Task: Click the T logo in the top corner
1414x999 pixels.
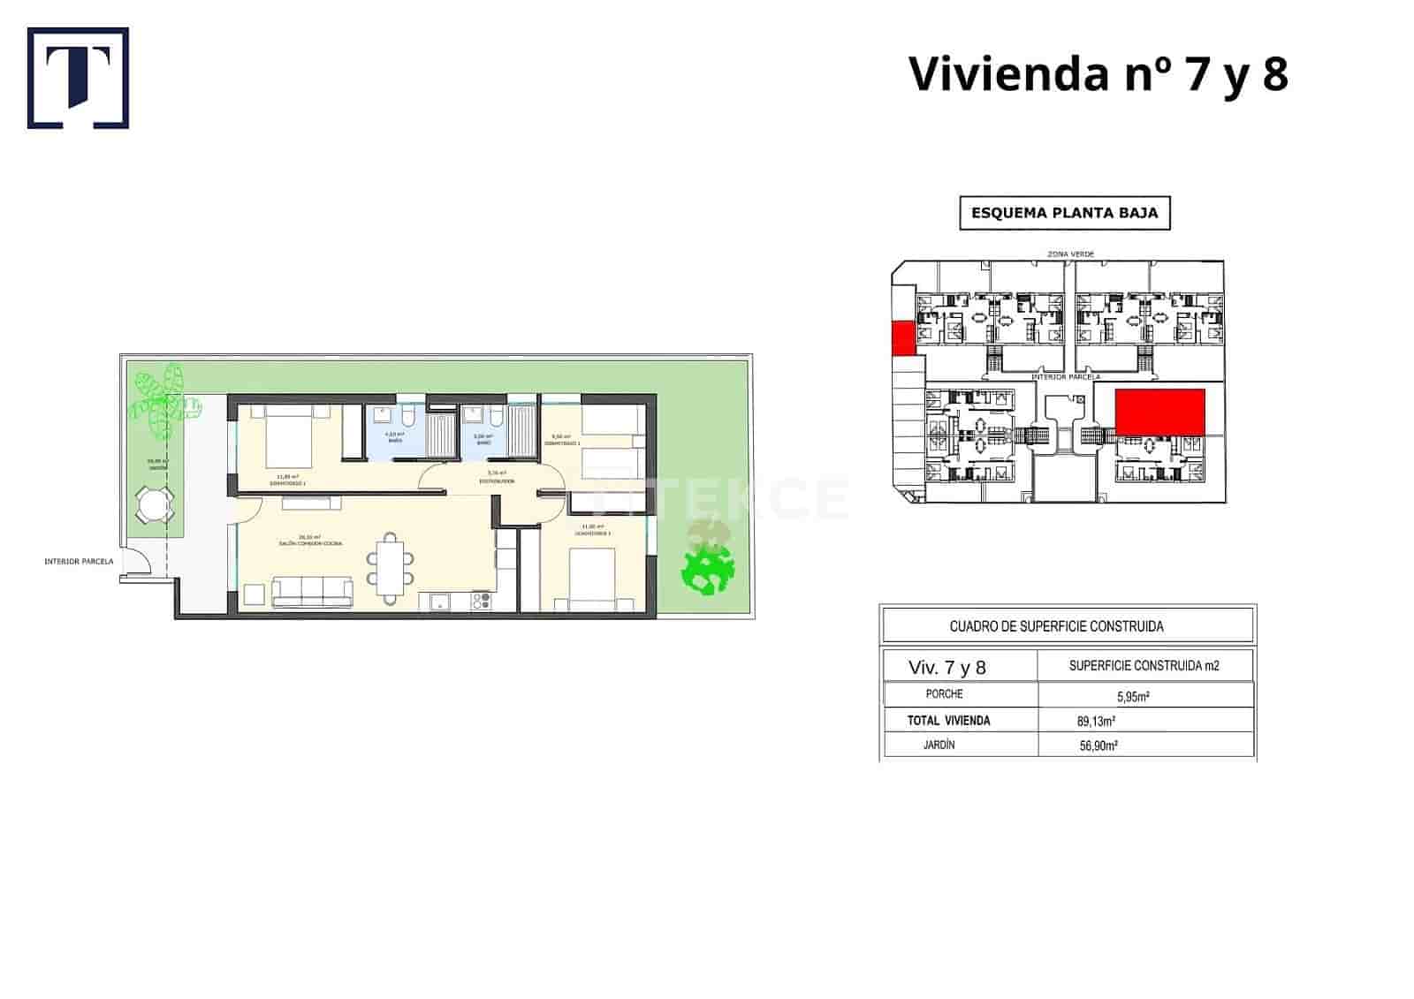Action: [x=78, y=78]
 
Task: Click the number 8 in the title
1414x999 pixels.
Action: [x=1274, y=73]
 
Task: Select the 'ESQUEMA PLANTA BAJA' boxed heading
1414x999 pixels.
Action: [x=1064, y=213]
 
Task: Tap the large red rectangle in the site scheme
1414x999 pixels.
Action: [x=1159, y=412]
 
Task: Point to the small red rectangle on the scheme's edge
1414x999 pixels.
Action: [x=902, y=338]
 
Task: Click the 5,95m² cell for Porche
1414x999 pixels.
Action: [x=1133, y=696]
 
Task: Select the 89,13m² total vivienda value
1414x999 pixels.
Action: [x=1096, y=721]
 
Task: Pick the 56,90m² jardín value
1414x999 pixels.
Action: [x=1099, y=745]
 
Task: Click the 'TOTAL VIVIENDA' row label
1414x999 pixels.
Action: [x=948, y=721]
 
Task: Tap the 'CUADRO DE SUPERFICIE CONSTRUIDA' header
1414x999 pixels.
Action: [x=1056, y=626]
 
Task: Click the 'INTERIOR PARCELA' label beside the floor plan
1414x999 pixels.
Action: [x=79, y=562]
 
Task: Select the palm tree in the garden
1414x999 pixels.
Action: [x=162, y=403]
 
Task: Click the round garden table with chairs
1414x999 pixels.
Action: [x=155, y=506]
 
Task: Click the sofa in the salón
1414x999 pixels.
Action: [x=311, y=591]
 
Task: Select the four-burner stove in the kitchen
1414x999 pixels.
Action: [x=482, y=601]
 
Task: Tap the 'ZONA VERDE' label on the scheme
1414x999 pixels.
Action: [x=1070, y=254]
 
